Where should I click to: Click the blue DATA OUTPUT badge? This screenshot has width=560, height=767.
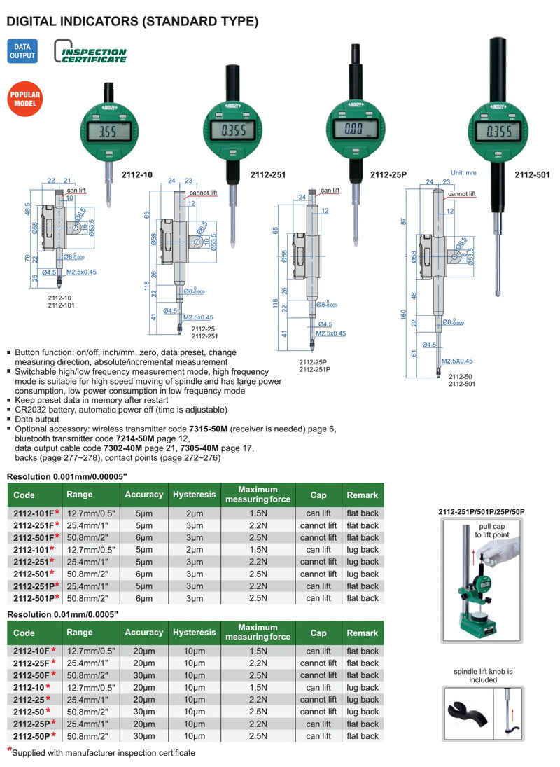pyautogui.click(x=22, y=51)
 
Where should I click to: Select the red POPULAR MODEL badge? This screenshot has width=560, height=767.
pyautogui.click(x=25, y=99)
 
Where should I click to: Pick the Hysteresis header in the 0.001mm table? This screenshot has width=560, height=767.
pyautogui.click(x=194, y=495)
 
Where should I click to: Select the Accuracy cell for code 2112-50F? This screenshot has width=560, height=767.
pyautogui.click(x=144, y=675)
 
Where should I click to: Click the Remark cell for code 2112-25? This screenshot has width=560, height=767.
pyautogui.click(x=363, y=700)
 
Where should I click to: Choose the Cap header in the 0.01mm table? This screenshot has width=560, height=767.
pyautogui.click(x=318, y=633)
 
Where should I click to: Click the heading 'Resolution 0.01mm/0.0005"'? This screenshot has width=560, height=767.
pyautogui.click(x=63, y=614)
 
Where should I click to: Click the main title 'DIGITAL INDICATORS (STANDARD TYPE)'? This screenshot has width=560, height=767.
pyautogui.click(x=132, y=22)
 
